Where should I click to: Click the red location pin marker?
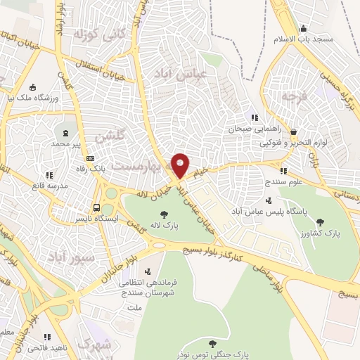[180, 165]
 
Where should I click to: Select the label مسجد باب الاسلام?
[326, 39]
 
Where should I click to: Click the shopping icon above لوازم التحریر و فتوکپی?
[293, 131]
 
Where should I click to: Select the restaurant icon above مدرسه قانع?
[49, 174]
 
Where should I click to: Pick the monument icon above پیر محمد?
[66, 133]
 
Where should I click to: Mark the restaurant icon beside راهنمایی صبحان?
[255, 118]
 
